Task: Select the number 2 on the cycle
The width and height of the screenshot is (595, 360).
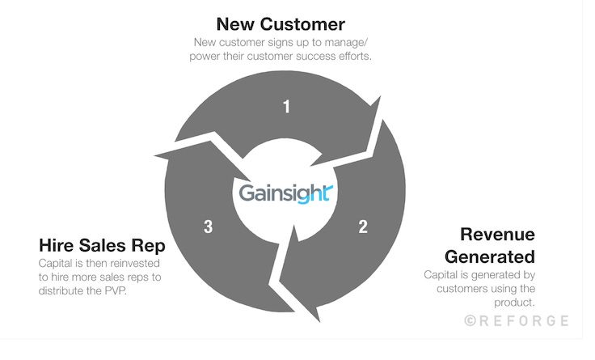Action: click(x=363, y=227)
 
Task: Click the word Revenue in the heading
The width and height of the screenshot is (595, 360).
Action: click(x=498, y=235)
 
